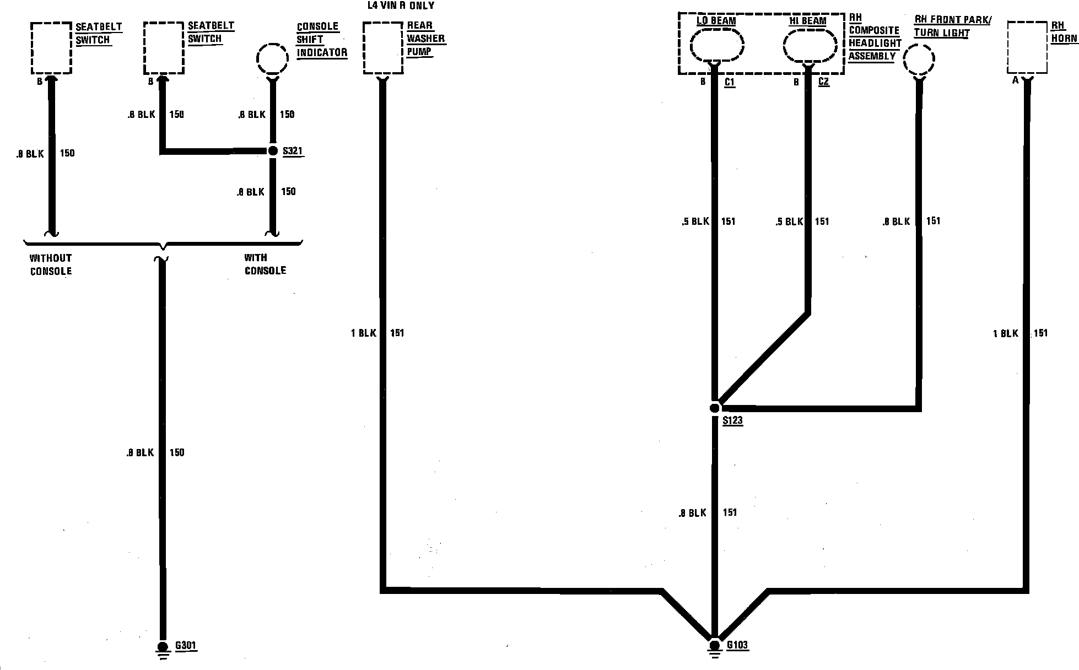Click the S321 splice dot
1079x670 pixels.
(272, 151)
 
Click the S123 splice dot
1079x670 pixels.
(714, 408)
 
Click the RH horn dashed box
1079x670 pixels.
(1027, 47)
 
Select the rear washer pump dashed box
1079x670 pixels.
(383, 47)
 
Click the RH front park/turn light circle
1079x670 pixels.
(919, 60)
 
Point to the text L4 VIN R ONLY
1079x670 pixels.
(401, 6)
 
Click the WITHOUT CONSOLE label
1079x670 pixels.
(51, 264)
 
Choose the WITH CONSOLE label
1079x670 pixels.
(265, 264)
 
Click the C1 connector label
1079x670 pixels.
(729, 83)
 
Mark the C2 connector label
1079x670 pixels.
(823, 82)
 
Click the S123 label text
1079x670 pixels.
(732, 421)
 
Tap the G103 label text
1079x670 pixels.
(737, 645)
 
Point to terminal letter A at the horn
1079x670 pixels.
(1015, 80)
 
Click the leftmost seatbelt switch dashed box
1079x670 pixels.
(51, 47)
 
